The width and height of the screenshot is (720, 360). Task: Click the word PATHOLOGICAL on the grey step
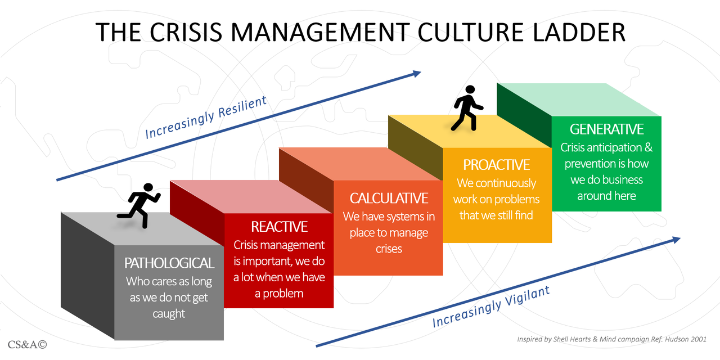pos(169,263)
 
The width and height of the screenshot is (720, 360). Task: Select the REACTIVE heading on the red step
pos(279,227)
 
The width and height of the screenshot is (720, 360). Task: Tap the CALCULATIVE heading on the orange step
pos(389,198)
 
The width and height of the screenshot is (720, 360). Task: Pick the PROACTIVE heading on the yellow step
pos(497,165)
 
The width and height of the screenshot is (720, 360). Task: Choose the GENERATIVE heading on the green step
pos(606,129)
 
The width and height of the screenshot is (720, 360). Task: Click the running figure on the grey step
pos(139,205)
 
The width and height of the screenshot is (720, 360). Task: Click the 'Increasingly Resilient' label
pos(205,118)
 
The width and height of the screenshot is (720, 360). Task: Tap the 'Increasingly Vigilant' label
pos(491,306)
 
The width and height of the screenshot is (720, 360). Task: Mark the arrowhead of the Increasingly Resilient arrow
pos(417,73)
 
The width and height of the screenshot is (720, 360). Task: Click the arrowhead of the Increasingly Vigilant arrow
pos(676,239)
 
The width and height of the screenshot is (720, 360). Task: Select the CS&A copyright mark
pos(27,344)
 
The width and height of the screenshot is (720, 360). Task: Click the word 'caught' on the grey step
pos(169,314)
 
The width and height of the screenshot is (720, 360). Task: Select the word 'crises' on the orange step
pos(389,249)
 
